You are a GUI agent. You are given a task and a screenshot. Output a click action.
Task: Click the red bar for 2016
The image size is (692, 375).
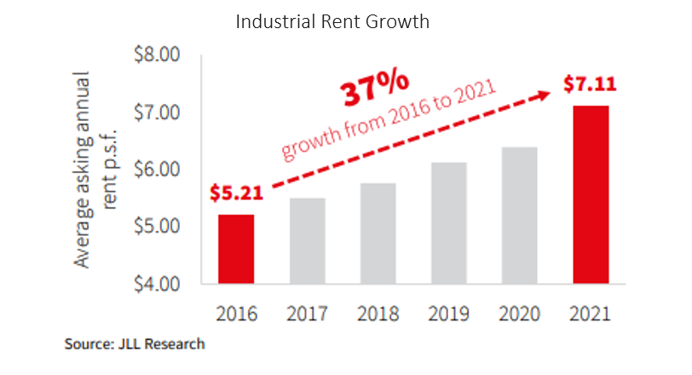pyautogui.click(x=235, y=249)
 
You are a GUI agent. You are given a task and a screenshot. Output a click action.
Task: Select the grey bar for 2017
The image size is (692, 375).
pyautogui.click(x=309, y=240)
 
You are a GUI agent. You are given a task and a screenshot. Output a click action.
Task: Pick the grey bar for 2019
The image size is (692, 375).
pyautogui.click(x=448, y=222)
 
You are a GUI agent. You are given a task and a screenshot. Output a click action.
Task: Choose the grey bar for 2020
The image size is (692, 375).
pyautogui.click(x=520, y=215)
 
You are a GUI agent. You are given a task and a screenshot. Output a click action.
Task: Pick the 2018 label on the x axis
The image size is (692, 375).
pyautogui.click(x=378, y=313)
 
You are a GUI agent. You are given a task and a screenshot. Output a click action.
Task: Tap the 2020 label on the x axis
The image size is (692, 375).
pyautogui.click(x=520, y=313)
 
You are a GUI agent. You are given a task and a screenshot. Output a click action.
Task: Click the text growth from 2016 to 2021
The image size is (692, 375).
pyautogui.click(x=389, y=121)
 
